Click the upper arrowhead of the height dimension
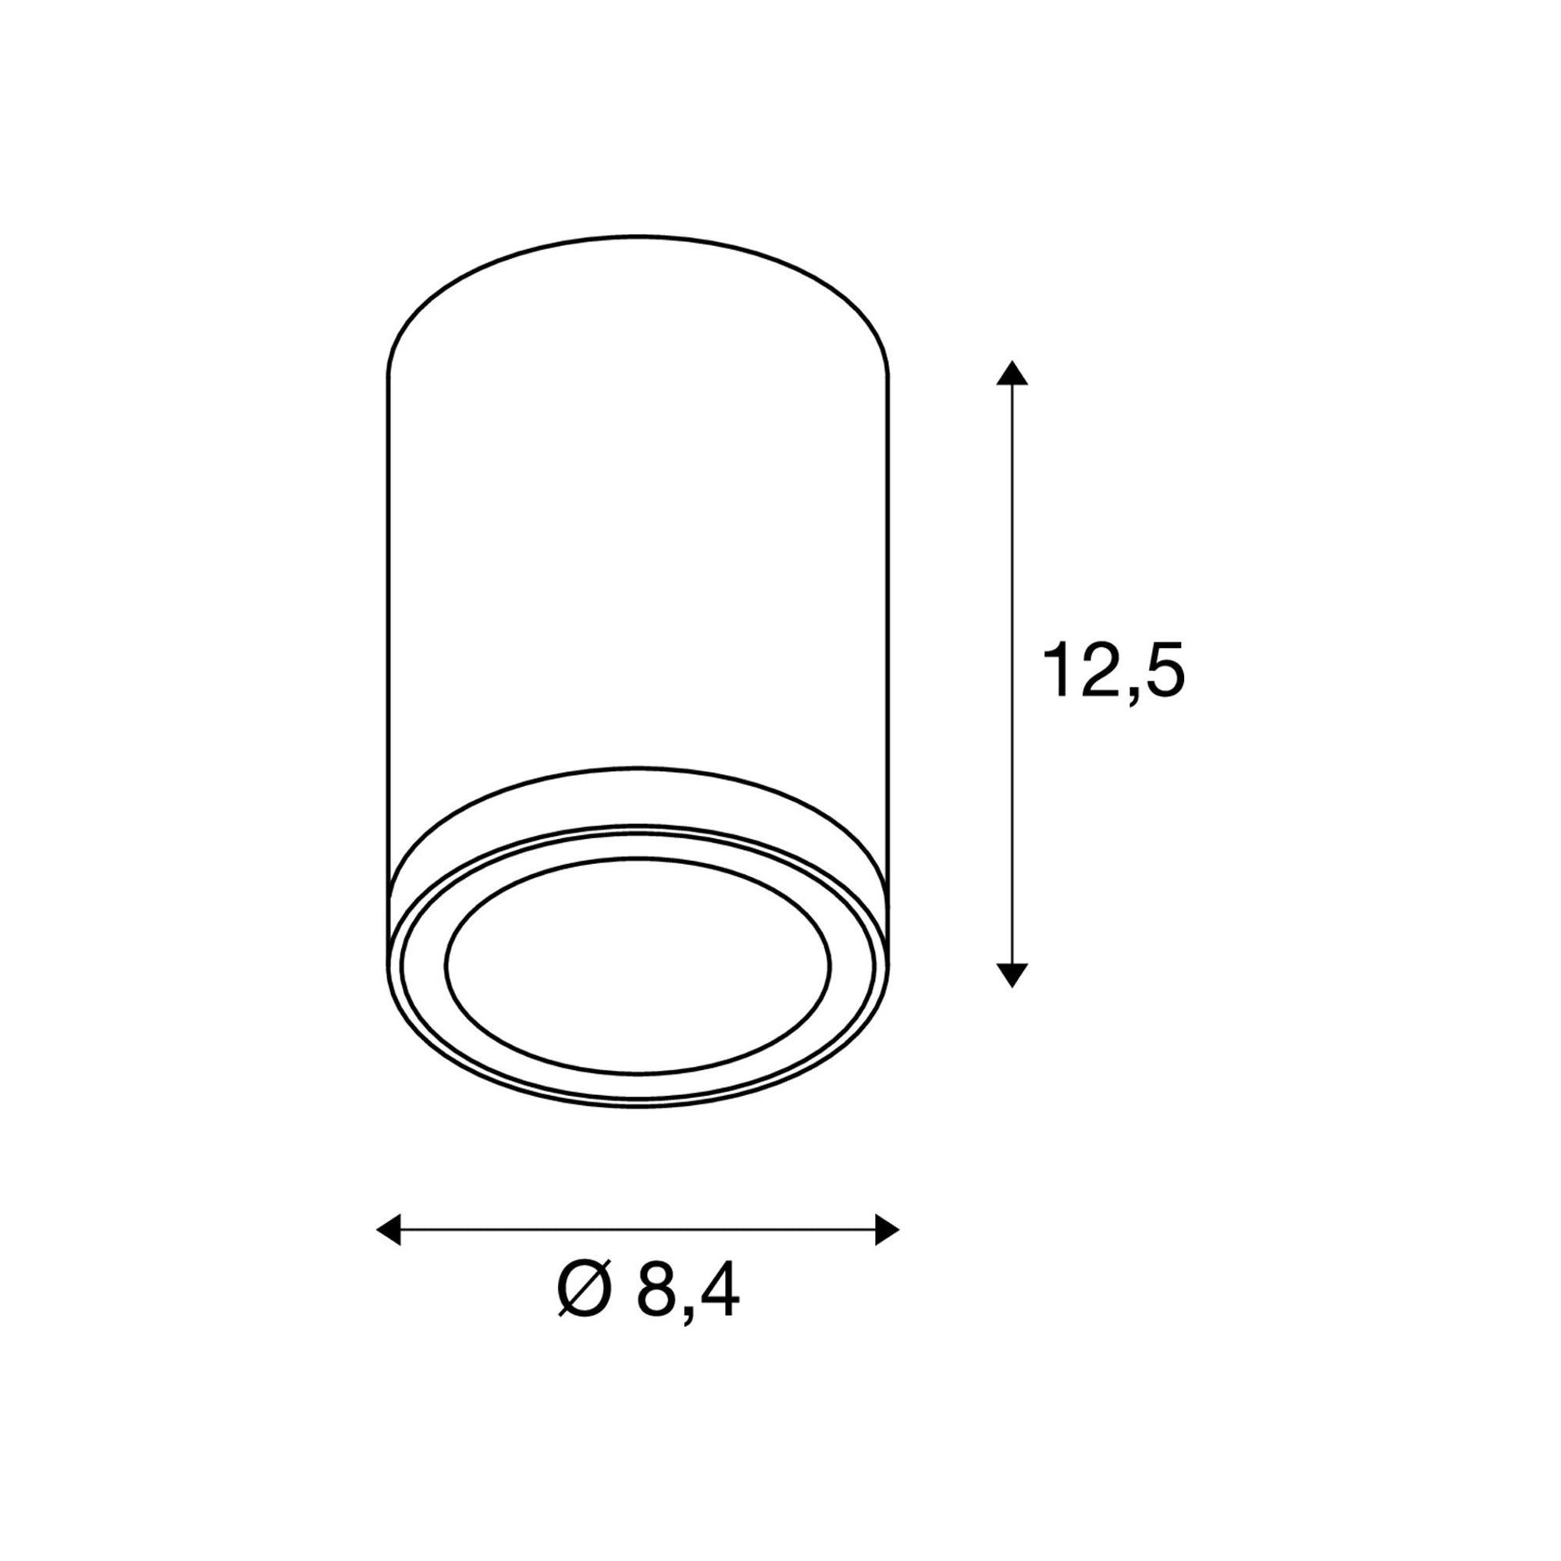pyautogui.click(x=1012, y=373)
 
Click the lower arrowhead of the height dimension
pyautogui.click(x=1012, y=975)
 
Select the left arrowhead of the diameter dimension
pyautogui.click(x=389, y=1230)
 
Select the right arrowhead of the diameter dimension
pyautogui.click(x=887, y=1230)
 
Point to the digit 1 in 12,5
pyautogui.click(x=1057, y=670)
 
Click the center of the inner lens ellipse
pyautogui.click(x=638, y=965)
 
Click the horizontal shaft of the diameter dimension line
pyautogui.click(x=638, y=1230)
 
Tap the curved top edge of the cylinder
pyautogui.click(x=638, y=236)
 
